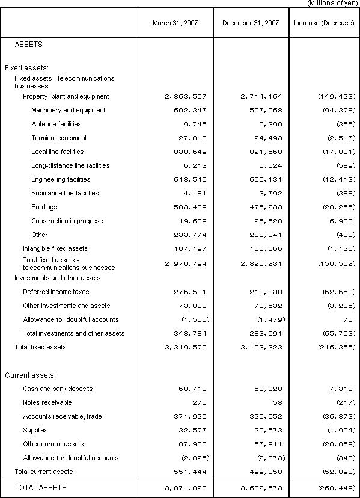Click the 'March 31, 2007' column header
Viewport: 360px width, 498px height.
175,23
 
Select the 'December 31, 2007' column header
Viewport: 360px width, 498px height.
251,23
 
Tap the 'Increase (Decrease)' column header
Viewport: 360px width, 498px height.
325,23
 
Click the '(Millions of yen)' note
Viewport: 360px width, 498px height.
333,3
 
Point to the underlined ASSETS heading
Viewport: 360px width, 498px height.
28,45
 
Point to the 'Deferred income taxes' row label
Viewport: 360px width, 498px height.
56,292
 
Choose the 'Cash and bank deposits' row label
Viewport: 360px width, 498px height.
58,389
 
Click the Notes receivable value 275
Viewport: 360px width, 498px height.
191,402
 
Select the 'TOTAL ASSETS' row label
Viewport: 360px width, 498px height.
41,487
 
